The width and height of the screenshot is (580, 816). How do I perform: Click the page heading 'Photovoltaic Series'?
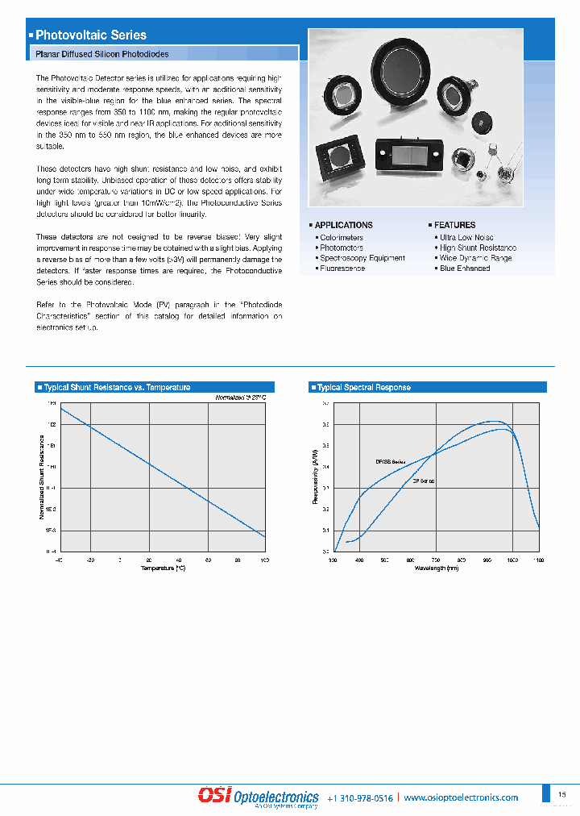[x=91, y=35]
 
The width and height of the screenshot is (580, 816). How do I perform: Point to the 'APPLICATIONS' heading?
[x=343, y=225]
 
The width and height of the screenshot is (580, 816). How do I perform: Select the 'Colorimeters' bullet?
[x=342, y=238]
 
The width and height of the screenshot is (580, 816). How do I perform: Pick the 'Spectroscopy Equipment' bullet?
[x=362, y=258]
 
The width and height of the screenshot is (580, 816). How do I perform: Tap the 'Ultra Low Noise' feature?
[x=466, y=238]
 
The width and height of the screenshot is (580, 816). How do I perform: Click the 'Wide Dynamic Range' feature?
[x=475, y=258]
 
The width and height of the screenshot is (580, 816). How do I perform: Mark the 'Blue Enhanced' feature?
[x=465, y=269]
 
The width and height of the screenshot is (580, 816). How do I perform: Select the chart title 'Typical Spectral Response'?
[x=363, y=388]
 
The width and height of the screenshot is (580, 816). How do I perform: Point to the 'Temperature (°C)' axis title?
[x=163, y=568]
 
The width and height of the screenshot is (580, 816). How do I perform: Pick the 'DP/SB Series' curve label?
[x=390, y=462]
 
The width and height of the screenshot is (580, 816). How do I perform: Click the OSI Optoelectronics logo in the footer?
[x=259, y=797]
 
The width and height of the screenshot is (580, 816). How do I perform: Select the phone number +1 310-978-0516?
[x=360, y=798]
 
